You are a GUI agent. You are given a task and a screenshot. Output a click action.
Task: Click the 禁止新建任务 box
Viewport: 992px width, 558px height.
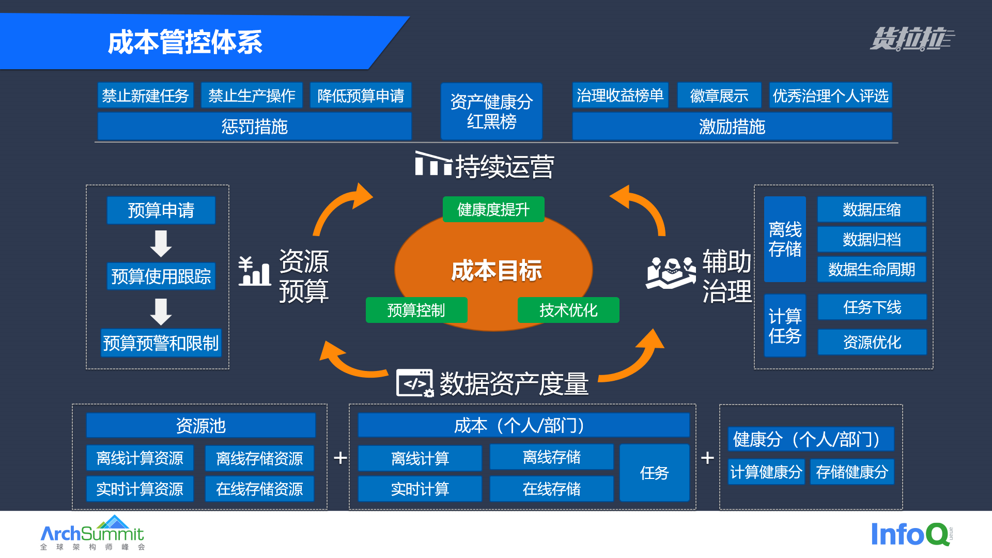pos(145,96)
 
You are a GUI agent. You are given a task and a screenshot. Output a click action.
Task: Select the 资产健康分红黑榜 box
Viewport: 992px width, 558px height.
pos(491,111)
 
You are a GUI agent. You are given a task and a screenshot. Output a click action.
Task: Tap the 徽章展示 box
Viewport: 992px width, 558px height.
pos(719,96)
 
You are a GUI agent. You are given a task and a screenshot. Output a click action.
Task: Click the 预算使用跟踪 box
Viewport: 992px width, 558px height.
pos(161,276)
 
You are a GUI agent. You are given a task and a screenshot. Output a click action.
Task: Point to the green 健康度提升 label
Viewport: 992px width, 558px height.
pos(493,209)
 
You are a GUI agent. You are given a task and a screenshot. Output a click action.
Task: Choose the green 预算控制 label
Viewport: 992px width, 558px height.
pos(416,310)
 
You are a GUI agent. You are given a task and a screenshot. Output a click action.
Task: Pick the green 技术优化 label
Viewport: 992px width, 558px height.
pos(568,310)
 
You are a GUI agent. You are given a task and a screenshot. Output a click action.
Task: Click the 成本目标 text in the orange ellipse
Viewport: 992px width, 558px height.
pos(496,271)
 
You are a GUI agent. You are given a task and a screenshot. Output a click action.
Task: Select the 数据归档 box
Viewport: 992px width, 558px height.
pos(872,239)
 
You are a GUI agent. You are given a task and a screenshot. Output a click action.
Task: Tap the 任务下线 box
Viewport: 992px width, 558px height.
pos(872,307)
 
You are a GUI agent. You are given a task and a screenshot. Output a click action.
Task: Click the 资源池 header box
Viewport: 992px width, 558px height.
pos(200,426)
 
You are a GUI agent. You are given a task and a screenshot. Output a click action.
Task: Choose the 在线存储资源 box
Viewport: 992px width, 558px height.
pos(259,489)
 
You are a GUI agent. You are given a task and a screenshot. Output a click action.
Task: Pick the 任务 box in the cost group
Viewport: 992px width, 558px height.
pos(654,473)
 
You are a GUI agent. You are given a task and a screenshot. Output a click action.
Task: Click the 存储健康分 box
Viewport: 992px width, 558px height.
pos(851,472)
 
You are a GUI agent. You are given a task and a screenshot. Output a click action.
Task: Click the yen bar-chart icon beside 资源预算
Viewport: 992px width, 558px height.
pos(254,271)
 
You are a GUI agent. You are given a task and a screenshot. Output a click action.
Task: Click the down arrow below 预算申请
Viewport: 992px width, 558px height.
pos(161,243)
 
